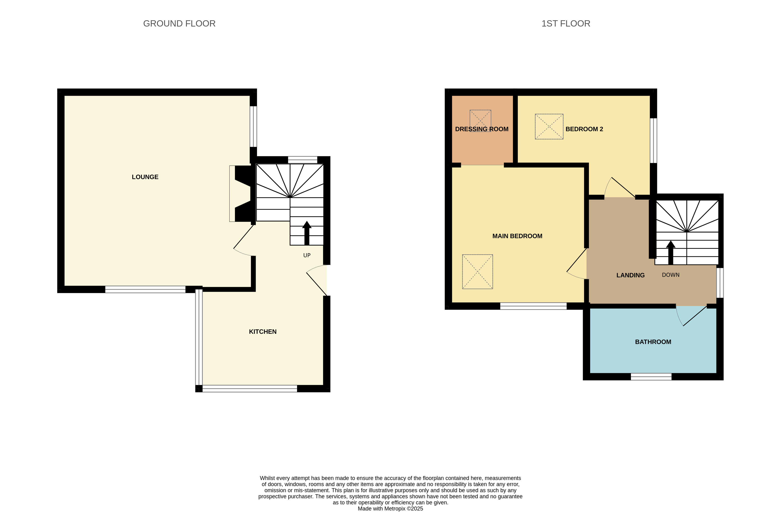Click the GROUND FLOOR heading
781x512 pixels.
pyautogui.click(x=179, y=24)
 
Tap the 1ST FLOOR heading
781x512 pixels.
pyautogui.click(x=566, y=24)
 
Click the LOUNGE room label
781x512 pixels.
pyautogui.click(x=145, y=177)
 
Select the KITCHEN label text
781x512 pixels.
pyautogui.click(x=263, y=332)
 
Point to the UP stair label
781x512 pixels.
pyautogui.click(x=307, y=255)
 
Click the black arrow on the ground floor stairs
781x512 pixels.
pyautogui.click(x=307, y=233)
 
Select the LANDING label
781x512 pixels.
pyautogui.click(x=630, y=275)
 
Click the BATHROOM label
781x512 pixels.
pyautogui.click(x=653, y=342)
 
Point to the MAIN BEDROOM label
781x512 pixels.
pyautogui.click(x=517, y=236)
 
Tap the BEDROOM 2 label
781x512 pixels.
pyautogui.click(x=584, y=129)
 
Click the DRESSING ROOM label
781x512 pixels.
pyautogui.click(x=482, y=129)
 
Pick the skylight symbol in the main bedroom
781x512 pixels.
pyautogui.click(x=477, y=271)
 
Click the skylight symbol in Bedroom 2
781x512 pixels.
pyautogui.click(x=549, y=126)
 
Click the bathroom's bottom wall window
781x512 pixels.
pyautogui.click(x=651, y=377)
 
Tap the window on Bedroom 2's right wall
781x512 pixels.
pyautogui.click(x=653, y=141)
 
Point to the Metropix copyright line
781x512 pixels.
pyautogui.click(x=390, y=509)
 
